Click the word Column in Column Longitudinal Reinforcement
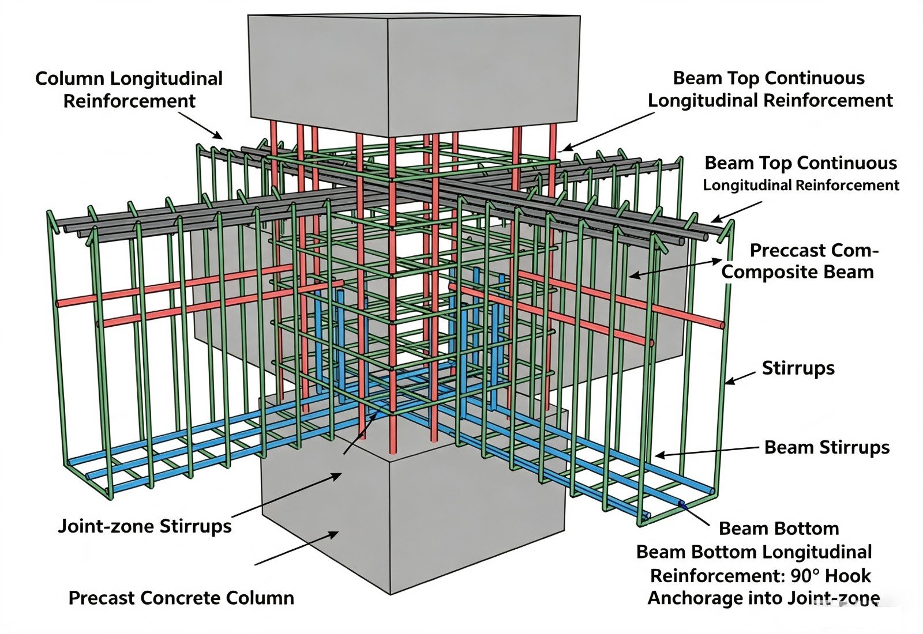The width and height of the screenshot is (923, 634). [x=69, y=78]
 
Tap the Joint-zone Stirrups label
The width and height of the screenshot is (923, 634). [x=145, y=526]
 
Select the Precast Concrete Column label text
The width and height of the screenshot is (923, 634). [x=181, y=598]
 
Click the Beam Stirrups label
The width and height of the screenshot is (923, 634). [x=827, y=447]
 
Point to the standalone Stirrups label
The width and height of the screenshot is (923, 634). [x=798, y=368]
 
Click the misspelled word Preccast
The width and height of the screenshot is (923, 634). [x=787, y=250]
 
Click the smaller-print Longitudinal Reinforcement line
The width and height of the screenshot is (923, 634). [x=801, y=185]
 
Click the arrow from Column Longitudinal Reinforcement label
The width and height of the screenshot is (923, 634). [x=201, y=125]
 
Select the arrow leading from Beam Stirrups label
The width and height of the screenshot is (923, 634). [x=707, y=451]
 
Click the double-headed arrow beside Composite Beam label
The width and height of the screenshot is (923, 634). [x=675, y=269]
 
